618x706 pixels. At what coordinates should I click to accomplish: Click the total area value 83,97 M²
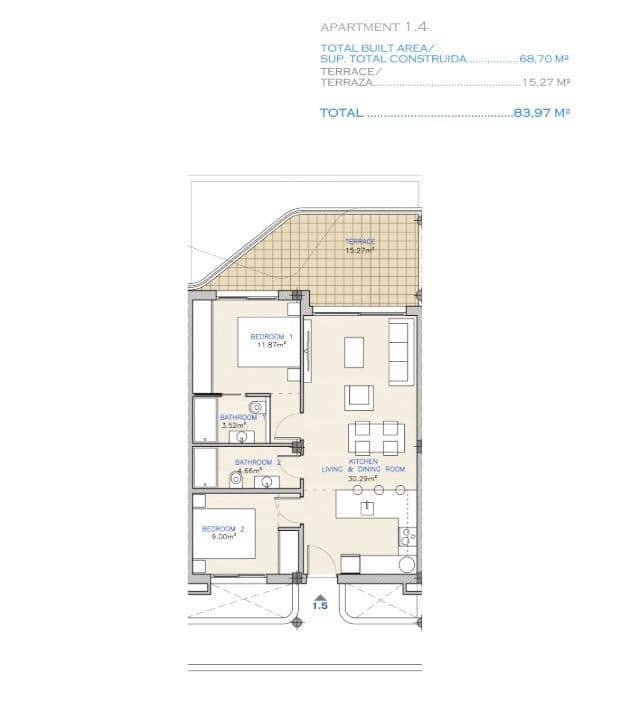pos(541,113)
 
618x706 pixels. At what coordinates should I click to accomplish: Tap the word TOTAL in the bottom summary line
pos(341,113)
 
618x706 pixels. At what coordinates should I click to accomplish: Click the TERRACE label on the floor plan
pos(360,242)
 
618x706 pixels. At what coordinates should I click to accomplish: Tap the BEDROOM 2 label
pos(223,528)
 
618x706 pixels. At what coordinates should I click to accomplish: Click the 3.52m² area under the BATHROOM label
pos(232,424)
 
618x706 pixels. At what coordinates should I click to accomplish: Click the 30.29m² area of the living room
pos(362,478)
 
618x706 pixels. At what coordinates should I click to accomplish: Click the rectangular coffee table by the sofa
pos(355,351)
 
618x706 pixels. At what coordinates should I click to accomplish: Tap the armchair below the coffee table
pos(359,398)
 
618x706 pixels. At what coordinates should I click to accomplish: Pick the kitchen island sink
pos(368,508)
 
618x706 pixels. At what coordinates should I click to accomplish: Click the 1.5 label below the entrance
pos(320,605)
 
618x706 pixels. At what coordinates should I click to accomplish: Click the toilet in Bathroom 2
pos(236,479)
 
